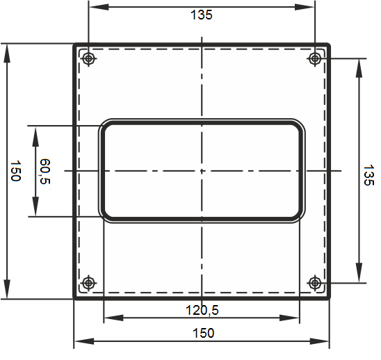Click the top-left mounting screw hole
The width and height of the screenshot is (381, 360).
(x=89, y=58)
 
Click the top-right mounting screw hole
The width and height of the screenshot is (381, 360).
(x=315, y=58)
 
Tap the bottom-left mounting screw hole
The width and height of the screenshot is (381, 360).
(x=89, y=283)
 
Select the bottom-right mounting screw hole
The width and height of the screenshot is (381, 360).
(x=315, y=283)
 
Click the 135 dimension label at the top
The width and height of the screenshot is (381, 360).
(x=202, y=15)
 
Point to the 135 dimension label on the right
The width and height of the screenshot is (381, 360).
(x=368, y=175)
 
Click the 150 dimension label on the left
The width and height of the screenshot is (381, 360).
(x=15, y=170)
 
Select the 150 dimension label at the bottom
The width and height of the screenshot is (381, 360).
(x=204, y=333)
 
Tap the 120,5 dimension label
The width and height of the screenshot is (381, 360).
(x=202, y=310)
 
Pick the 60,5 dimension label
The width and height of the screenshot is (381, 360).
(x=45, y=171)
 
